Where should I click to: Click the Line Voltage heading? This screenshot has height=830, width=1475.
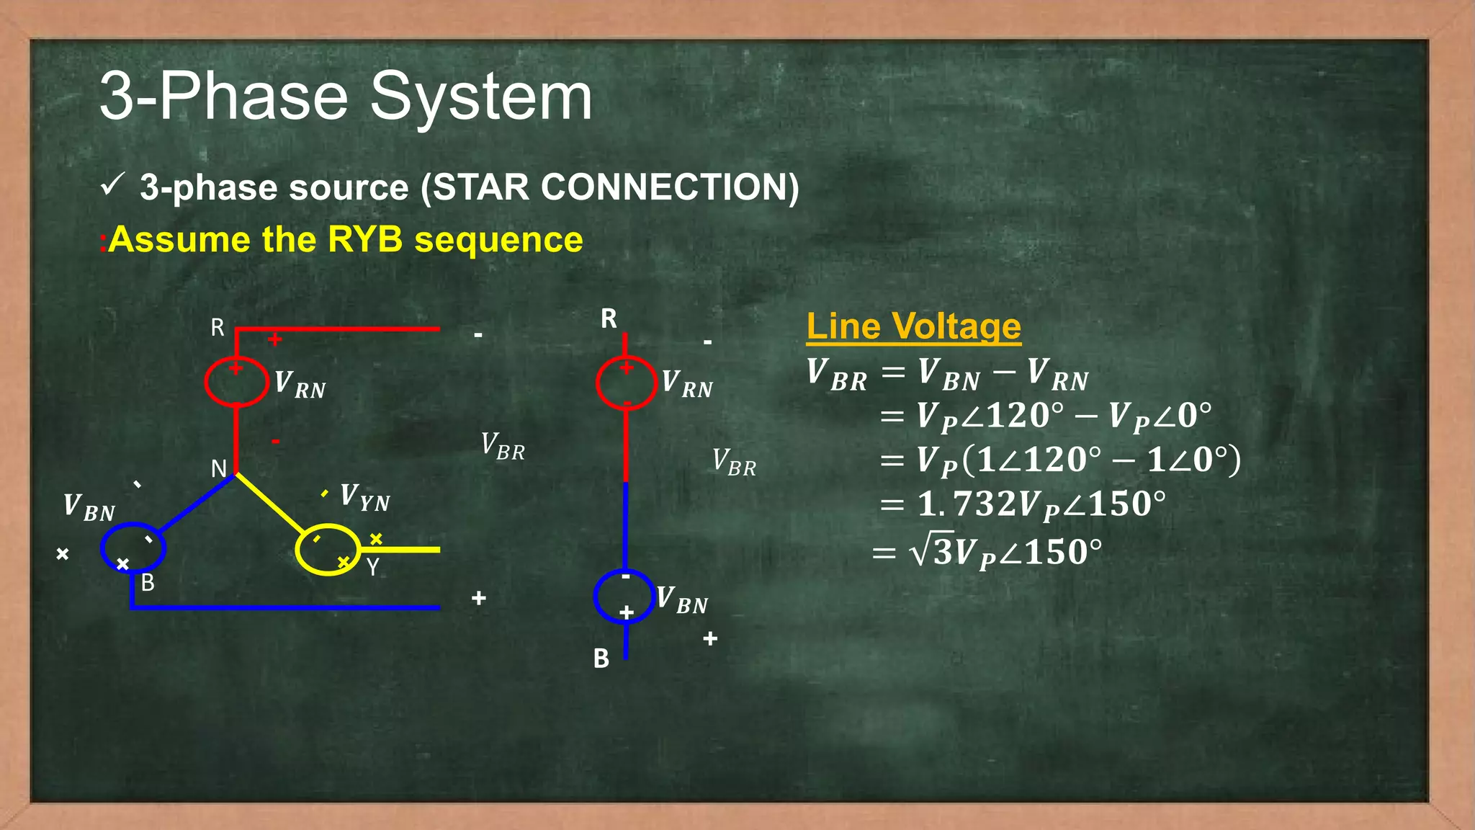pos(913,326)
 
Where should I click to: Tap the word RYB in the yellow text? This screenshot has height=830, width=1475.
pos(364,239)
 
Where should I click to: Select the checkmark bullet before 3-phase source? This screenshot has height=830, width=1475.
pos(113,185)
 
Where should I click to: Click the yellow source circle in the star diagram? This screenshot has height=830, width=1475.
pos(328,550)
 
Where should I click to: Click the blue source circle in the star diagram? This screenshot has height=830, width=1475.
pos(133,548)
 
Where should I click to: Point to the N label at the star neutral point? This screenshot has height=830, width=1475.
pos(219,469)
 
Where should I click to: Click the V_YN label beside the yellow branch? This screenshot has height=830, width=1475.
pos(364,497)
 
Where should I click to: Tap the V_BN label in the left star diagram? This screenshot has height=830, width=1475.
pos(89,507)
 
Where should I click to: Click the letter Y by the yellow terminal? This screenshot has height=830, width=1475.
pos(372,568)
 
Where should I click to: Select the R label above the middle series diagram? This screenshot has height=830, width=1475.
pos(609,318)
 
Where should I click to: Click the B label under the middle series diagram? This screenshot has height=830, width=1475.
pos(601,659)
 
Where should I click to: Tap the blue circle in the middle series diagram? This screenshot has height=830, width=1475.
pos(624,596)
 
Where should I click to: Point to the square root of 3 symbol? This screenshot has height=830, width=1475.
pos(932,552)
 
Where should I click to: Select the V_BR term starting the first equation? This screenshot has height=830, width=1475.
pos(836,375)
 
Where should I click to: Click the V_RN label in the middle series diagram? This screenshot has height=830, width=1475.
pos(687,384)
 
